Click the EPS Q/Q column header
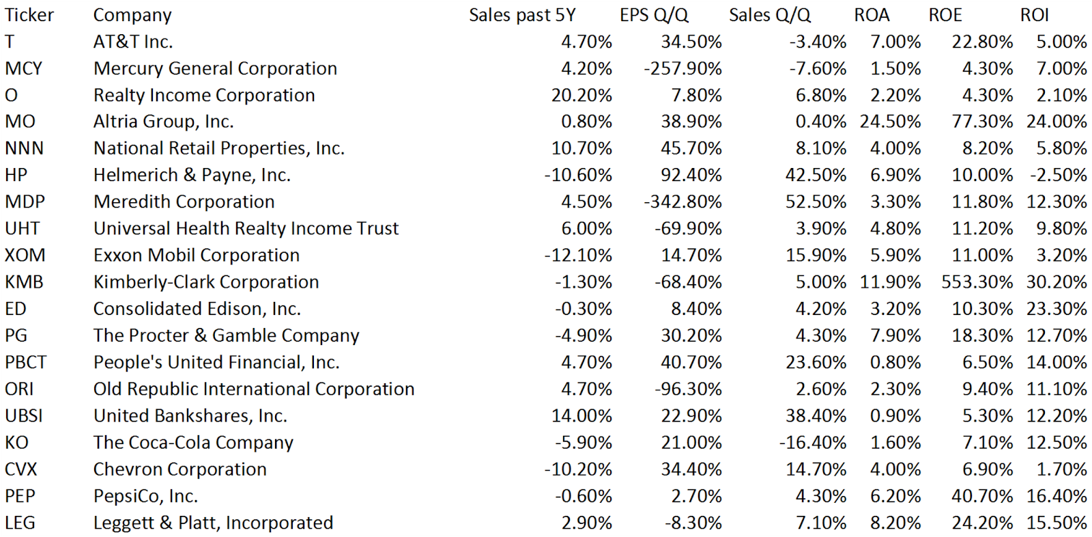coord(654,15)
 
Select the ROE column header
coord(945,15)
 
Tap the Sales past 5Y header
coord(522,15)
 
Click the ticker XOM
coord(25,256)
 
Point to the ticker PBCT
coord(26,362)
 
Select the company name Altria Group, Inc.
coord(164,122)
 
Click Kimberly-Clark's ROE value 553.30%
coord(977,282)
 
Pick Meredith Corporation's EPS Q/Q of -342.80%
coord(682,202)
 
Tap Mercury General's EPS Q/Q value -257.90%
coord(682,69)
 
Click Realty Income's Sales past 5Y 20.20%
coord(581,96)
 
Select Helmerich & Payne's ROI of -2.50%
coord(1059,176)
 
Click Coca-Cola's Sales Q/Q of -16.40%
coord(813,443)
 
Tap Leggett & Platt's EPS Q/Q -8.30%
coord(693,523)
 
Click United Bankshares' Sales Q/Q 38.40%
coord(816,416)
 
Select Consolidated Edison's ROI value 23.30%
coord(1057,309)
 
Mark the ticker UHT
coord(23,229)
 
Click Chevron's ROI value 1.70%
coord(1061,469)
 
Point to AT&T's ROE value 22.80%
coord(982,42)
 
